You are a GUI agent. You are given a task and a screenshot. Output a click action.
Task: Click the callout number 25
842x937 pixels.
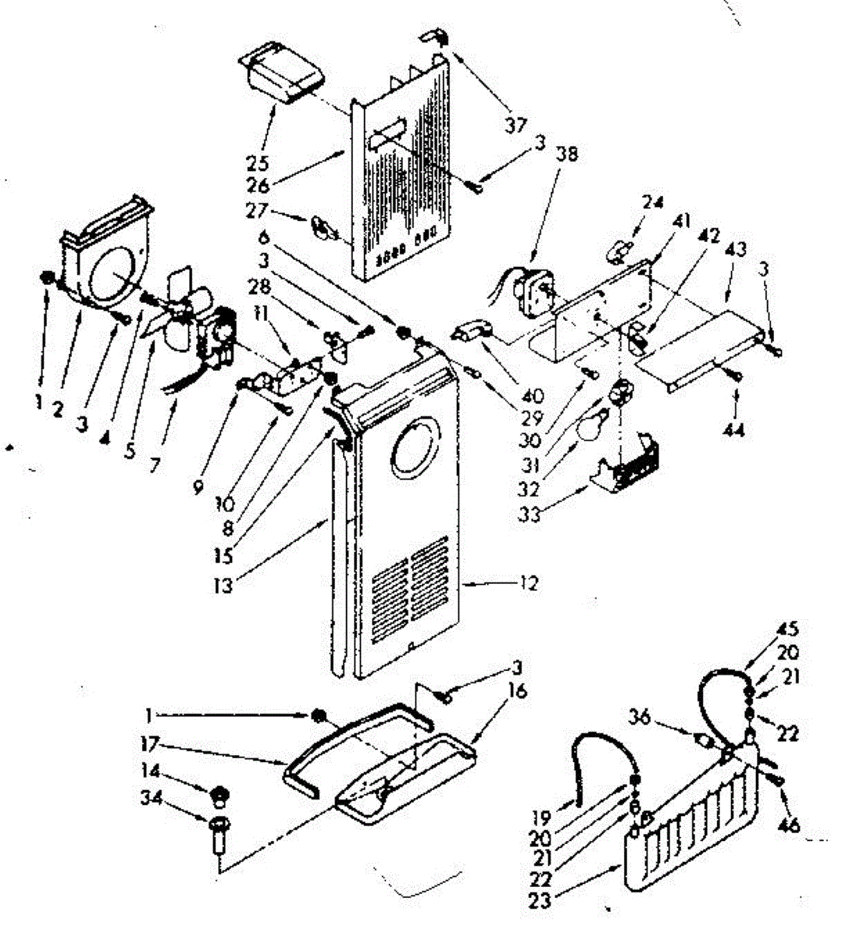pyautogui.click(x=257, y=163)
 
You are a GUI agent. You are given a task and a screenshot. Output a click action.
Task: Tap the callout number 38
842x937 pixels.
pyautogui.click(x=568, y=155)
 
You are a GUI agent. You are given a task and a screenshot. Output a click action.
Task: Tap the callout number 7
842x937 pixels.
pyautogui.click(x=154, y=466)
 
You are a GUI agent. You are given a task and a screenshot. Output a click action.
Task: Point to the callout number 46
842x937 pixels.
pyautogui.click(x=790, y=825)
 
